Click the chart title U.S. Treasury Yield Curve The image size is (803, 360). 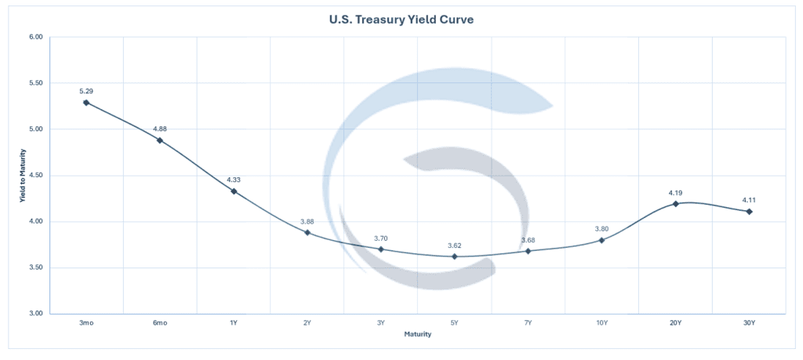pos(401,19)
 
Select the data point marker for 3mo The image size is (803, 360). pos(86,102)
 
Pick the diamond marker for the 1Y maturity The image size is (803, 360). pos(234,191)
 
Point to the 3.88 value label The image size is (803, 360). pos(307,221)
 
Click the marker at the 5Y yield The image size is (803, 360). pos(454,256)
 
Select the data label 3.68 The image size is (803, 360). pos(528,240)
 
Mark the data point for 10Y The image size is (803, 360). pos(601,240)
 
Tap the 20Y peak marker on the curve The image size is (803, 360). pos(675,204)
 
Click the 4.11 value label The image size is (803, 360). pos(749,200)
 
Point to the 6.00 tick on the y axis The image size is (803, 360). pos(35,37)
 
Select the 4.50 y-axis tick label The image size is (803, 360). pos(35,176)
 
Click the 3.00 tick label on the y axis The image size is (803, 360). pos(35,314)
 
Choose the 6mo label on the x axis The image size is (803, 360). pos(160,322)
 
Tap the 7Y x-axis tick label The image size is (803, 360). pos(528,322)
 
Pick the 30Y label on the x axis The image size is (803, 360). pos(749,322)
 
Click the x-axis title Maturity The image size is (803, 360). pos(417,334)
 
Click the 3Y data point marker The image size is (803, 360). pos(381,249)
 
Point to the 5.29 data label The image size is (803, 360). pos(86,91)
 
